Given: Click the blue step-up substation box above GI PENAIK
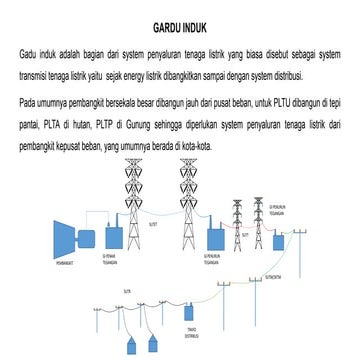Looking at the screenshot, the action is tap(109, 237).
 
